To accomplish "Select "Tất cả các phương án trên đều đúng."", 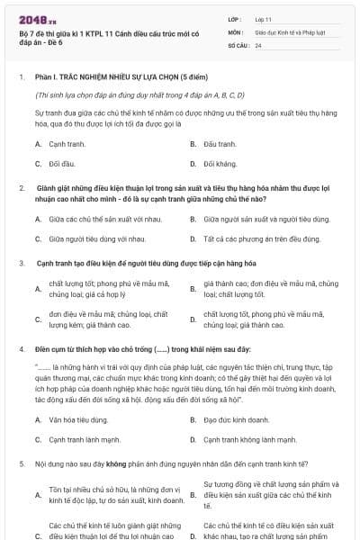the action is click(x=261, y=239).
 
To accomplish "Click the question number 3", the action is click(x=22, y=264).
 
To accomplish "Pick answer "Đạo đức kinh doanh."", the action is click(x=237, y=419).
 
